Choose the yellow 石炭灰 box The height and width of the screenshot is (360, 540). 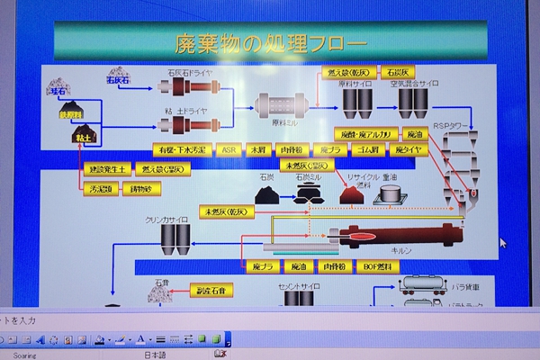(397, 72)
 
